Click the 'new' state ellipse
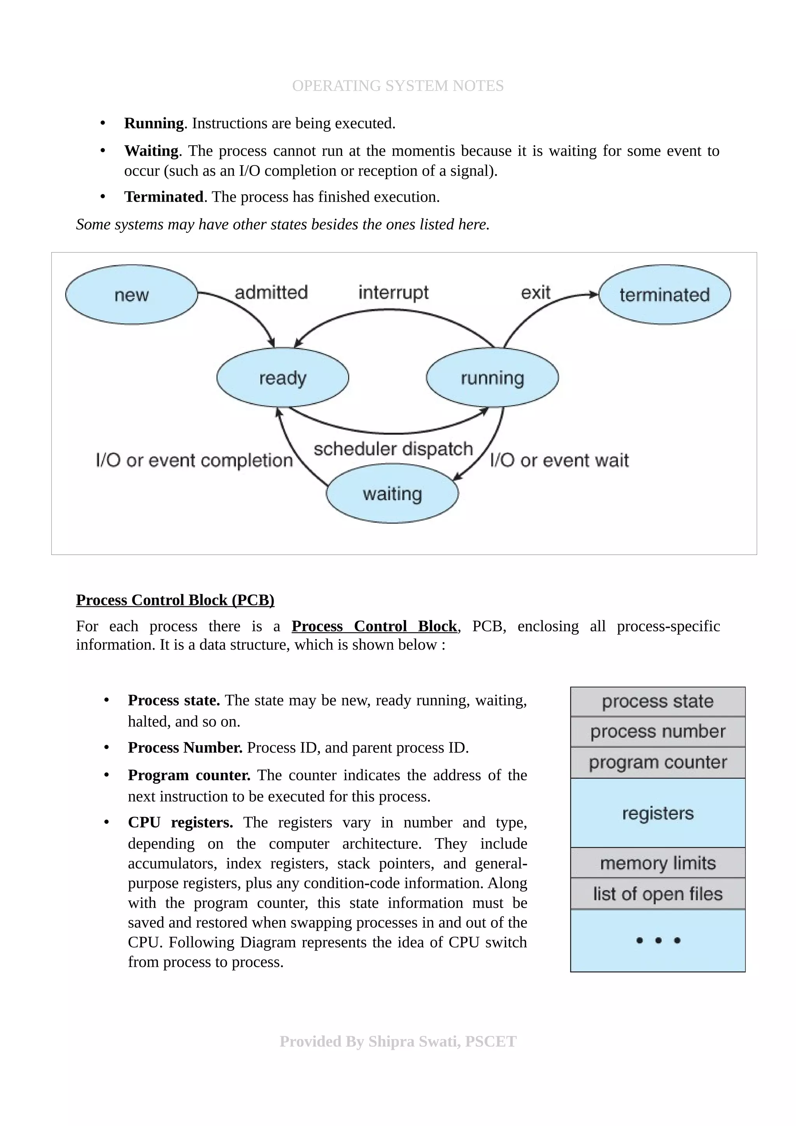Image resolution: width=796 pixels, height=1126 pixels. [x=131, y=295]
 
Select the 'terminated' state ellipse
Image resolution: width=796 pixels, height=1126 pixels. [x=665, y=295]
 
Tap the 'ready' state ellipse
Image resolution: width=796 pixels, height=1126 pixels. [x=283, y=378]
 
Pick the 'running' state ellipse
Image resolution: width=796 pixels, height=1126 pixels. [x=492, y=378]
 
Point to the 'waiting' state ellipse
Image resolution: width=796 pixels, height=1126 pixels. [x=392, y=493]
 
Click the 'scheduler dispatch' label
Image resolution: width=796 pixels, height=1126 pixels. [x=393, y=449]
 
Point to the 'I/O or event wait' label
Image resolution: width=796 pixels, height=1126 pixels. [x=559, y=460]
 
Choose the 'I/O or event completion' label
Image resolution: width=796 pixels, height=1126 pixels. [x=194, y=460]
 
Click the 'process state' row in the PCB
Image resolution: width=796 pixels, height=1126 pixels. [x=658, y=701]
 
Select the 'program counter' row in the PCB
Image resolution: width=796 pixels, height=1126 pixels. [x=658, y=762]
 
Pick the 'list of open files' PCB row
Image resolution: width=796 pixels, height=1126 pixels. [x=658, y=894]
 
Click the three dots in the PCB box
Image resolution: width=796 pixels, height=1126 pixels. [x=658, y=940]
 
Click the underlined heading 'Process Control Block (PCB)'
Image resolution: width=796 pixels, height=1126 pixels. [x=175, y=600]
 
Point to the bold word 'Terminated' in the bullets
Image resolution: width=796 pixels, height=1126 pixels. [x=164, y=197]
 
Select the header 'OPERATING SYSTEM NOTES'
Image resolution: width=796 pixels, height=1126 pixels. [x=398, y=86]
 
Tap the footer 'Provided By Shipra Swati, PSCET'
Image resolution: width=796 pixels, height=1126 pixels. [x=398, y=1041]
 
